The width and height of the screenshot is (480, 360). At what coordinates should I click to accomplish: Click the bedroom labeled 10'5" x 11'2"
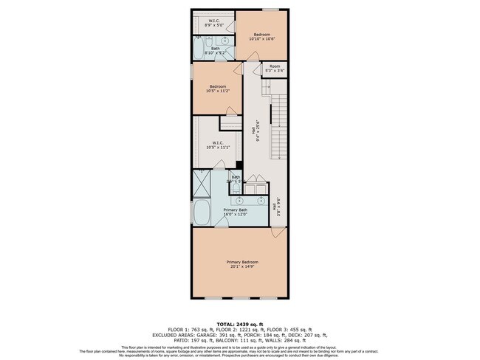coord(217,89)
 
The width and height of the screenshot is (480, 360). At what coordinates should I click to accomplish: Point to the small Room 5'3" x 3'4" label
coord(275,69)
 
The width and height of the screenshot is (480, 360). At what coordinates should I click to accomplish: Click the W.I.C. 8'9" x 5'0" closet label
coord(213,23)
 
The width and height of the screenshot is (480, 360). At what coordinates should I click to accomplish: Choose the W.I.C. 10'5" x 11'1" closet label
coord(218,145)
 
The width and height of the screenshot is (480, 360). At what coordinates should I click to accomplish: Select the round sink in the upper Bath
coord(226,41)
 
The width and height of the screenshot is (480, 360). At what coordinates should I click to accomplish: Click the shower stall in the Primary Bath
coord(202,181)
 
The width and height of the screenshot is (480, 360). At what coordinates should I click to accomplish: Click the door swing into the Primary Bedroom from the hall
coord(276,232)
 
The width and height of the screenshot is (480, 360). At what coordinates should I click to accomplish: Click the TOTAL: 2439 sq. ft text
coord(240,323)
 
